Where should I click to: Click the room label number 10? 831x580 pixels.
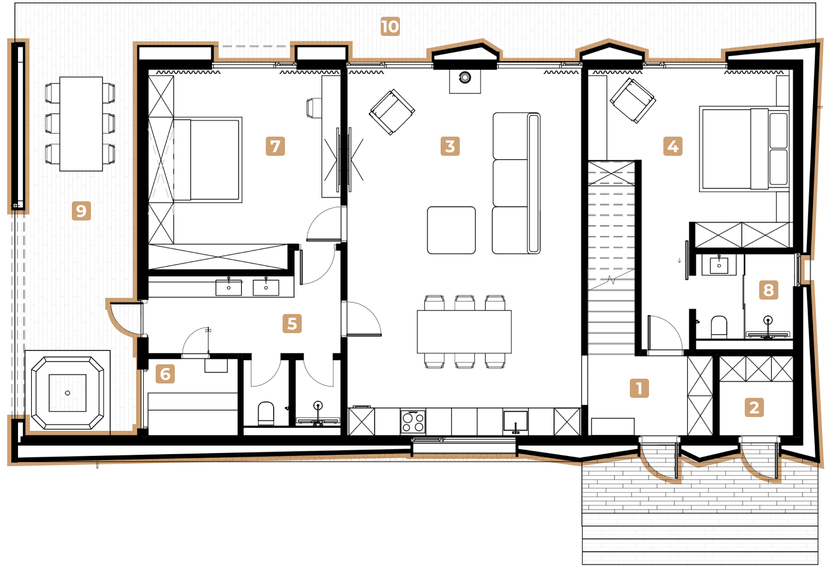tap(390, 26)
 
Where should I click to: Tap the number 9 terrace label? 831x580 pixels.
tap(81, 211)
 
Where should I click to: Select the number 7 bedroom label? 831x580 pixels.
tap(275, 146)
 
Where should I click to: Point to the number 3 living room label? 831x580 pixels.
tap(450, 146)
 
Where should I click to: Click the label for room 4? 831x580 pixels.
tap(672, 146)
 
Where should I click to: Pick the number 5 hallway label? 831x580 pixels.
tap(292, 324)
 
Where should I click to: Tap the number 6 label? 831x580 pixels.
tap(165, 373)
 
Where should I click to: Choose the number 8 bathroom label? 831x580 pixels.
tap(768, 290)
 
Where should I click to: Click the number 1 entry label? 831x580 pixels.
tap(639, 388)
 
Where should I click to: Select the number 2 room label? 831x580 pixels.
tap(754, 407)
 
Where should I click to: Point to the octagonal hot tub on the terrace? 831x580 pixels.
tap(68, 393)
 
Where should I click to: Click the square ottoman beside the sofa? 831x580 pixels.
tap(451, 230)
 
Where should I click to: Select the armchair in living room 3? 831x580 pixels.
tap(392, 112)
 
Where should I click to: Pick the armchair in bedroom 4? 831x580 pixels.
tap(632, 100)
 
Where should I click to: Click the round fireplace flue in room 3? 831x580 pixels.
tap(465, 77)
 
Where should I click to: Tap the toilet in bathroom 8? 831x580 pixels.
tap(718, 327)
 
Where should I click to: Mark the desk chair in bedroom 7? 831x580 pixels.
tap(314, 108)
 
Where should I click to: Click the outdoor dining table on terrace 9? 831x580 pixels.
tap(81, 124)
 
